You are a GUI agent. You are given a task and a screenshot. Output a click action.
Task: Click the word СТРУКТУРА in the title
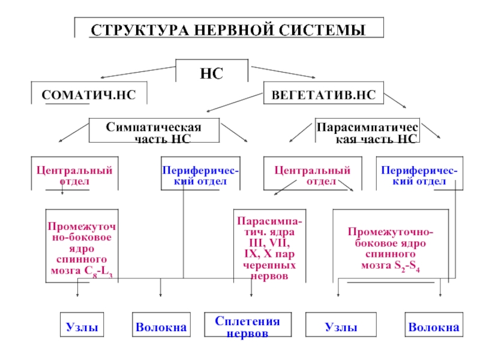140,31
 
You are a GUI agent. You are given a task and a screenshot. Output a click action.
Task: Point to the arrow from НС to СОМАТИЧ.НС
138,72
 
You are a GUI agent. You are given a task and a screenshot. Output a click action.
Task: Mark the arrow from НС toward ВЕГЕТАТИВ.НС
283,72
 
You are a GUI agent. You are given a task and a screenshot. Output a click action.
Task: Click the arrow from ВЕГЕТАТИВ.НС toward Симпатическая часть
235,103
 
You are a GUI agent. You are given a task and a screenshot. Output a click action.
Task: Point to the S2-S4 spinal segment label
407,266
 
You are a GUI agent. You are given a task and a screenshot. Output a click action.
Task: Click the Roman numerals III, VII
269,243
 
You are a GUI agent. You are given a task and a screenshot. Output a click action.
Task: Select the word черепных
269,265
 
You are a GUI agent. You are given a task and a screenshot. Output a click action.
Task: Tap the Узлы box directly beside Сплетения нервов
341,325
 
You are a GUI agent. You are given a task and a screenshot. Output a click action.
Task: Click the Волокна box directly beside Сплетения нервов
161,325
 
